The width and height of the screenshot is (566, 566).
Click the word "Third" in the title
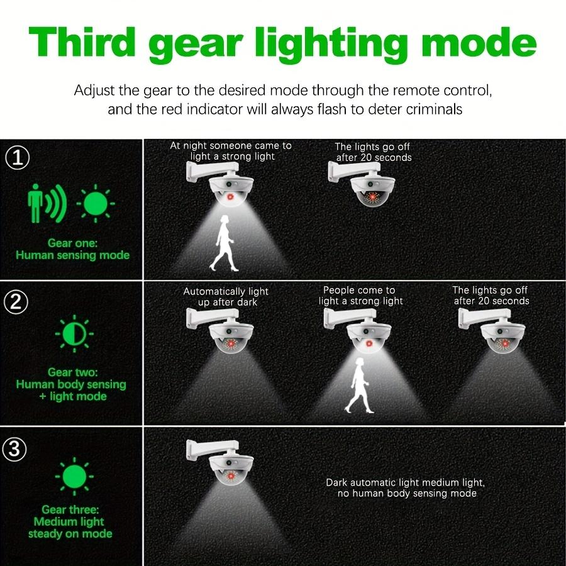point(83,42)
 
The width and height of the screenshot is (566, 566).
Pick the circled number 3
point(15,449)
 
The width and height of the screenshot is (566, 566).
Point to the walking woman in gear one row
point(223,243)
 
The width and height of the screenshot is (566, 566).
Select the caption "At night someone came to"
point(231,145)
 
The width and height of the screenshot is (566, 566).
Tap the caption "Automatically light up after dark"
point(225,297)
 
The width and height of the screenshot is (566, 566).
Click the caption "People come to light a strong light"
point(360,296)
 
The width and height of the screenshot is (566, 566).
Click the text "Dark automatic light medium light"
point(405,482)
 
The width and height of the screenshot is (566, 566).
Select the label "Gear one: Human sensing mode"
point(72,249)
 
